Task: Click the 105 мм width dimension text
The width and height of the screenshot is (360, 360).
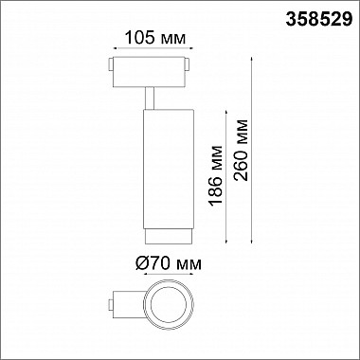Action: pos(148,40)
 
